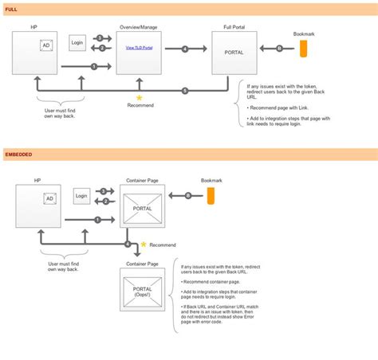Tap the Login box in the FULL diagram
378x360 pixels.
[77, 42]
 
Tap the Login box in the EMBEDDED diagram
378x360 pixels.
[81, 196]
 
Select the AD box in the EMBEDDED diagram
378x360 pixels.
[49, 198]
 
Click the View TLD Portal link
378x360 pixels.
[140, 49]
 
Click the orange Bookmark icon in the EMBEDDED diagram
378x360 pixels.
[211, 197]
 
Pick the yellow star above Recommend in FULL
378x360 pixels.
[139, 97]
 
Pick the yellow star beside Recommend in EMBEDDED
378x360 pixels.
[144, 245]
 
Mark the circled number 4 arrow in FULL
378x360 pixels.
[185, 49]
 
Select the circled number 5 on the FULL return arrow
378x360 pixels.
[185, 90]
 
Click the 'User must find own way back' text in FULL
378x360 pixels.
[60, 115]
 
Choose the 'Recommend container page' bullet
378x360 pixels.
[212, 282]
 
